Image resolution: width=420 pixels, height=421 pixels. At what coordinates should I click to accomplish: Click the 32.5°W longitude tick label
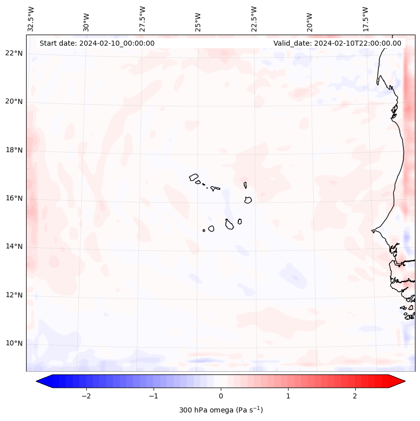coord(31,19)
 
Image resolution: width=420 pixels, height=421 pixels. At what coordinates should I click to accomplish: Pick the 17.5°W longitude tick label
coord(365,19)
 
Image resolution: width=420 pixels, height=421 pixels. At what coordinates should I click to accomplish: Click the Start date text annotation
coord(97,43)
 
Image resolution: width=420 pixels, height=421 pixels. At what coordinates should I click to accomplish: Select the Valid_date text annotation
coord(337,43)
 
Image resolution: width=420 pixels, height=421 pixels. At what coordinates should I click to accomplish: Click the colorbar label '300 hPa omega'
coord(221,410)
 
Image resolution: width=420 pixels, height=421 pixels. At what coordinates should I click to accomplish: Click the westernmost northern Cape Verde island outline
coord(194,177)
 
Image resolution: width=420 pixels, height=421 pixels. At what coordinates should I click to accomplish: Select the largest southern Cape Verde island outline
coord(229,224)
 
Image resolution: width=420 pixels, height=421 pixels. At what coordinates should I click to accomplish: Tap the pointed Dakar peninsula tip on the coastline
coord(372,231)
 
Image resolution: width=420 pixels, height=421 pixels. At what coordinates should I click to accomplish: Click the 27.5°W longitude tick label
coord(143,19)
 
